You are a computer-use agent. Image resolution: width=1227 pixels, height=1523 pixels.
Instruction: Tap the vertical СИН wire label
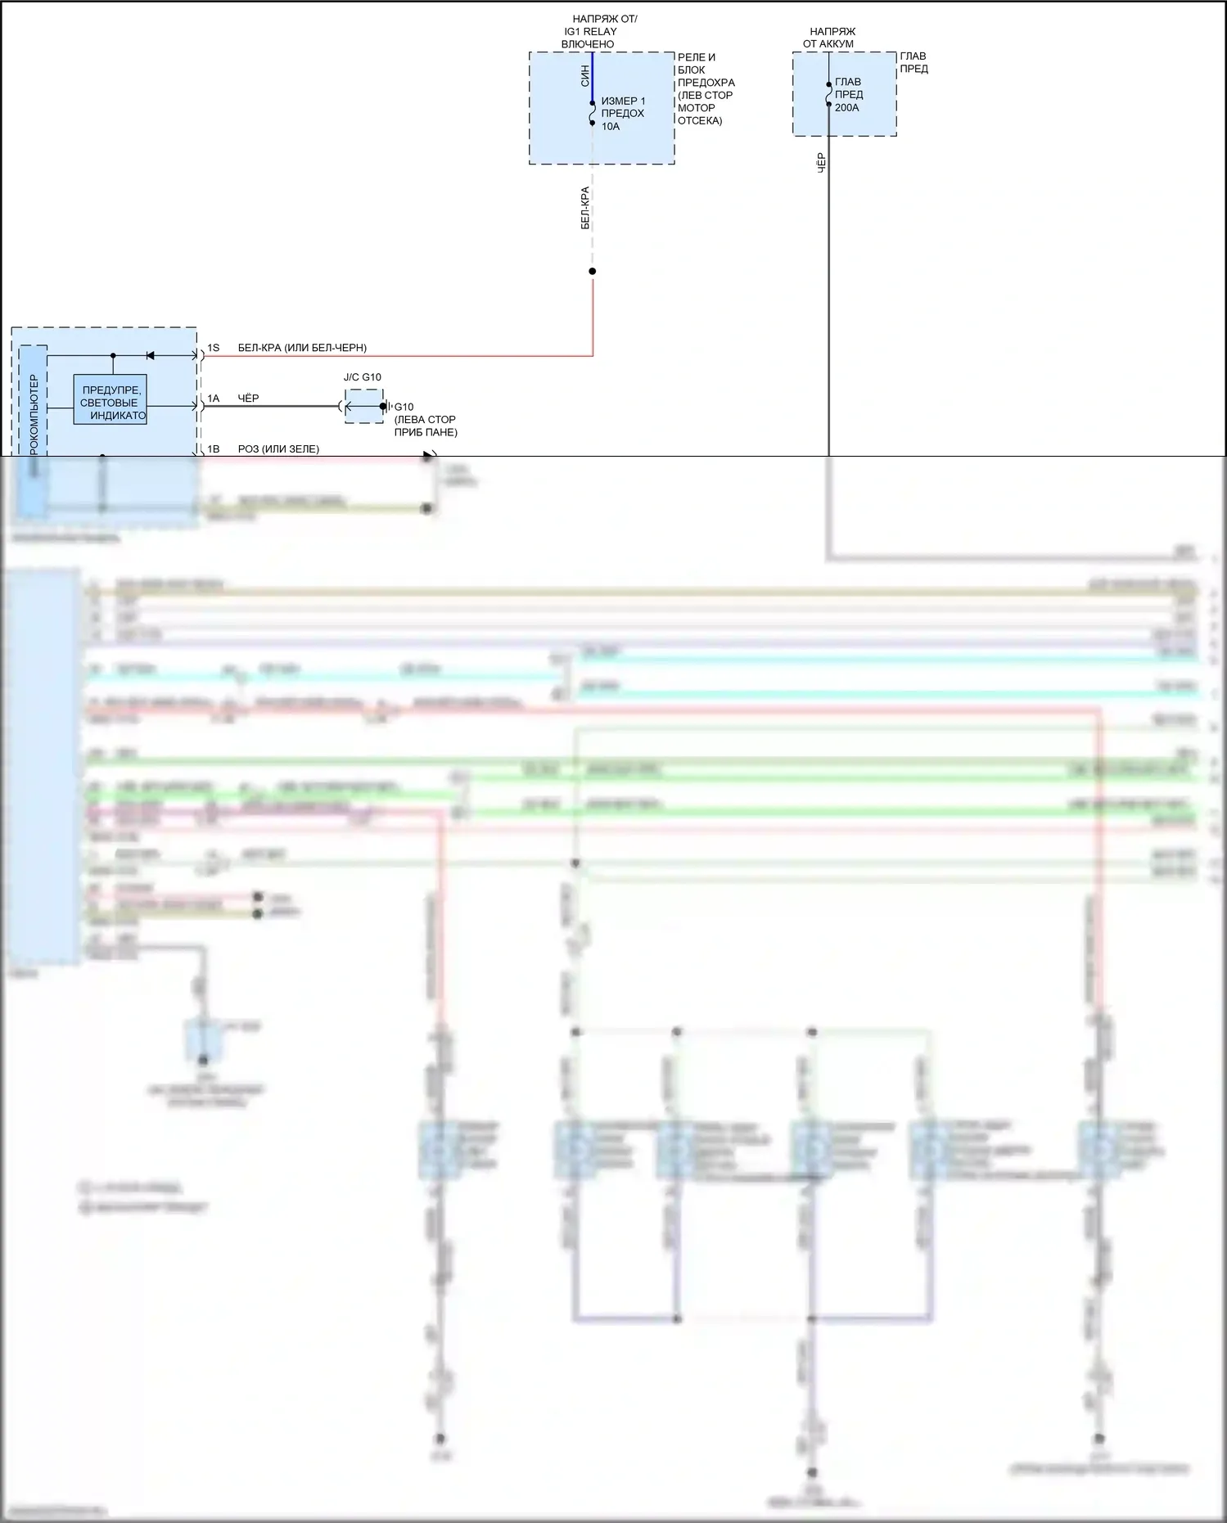tap(585, 76)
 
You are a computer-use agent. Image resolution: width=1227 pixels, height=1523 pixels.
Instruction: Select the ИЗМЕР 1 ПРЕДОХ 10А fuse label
tap(623, 114)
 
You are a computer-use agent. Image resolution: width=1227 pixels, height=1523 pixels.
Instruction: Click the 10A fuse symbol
tap(593, 114)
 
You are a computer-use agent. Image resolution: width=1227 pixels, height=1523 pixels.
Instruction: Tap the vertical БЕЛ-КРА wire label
tap(585, 208)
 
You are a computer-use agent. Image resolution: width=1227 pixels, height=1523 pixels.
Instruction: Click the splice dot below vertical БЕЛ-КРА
tap(593, 272)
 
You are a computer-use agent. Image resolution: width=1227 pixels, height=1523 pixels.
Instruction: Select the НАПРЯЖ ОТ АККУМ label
tap(830, 38)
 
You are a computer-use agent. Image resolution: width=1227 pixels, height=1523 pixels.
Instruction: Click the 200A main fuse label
tap(849, 95)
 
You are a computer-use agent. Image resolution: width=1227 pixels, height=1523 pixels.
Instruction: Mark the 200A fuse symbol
tap(828, 95)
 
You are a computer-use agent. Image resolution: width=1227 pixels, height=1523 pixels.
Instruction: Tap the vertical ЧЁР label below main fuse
tap(822, 162)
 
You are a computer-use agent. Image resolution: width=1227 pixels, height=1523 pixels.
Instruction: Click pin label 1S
tap(214, 348)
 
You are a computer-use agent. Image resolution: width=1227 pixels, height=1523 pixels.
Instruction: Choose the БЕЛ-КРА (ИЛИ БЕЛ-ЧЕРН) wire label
tap(302, 348)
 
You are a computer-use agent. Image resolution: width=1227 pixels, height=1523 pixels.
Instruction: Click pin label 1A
tap(214, 399)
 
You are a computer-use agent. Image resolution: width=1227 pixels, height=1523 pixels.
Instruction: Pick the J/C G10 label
tap(362, 377)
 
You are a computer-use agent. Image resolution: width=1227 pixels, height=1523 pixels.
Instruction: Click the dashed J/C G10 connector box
tap(363, 406)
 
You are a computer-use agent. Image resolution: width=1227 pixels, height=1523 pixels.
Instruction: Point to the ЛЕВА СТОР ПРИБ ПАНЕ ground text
tap(426, 426)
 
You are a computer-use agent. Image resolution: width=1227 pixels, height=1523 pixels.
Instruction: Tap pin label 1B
tap(214, 449)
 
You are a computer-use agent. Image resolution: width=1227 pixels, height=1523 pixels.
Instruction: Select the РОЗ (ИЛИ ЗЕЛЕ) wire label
tap(278, 449)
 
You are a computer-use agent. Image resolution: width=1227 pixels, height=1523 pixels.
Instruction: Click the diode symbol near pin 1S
tap(150, 355)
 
